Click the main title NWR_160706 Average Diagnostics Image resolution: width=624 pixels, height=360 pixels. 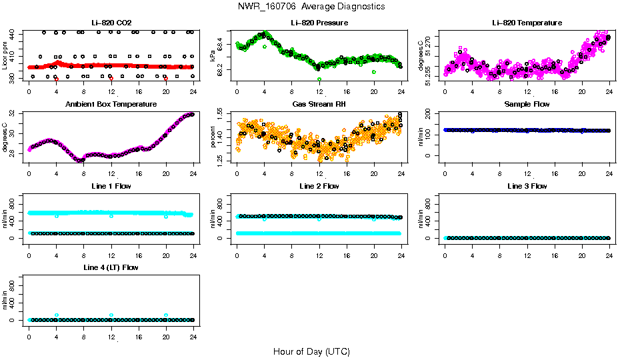311,7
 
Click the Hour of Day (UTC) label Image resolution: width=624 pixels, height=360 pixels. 311,351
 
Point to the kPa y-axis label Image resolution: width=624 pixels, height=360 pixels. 213,57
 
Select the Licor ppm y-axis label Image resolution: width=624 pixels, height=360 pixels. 5,57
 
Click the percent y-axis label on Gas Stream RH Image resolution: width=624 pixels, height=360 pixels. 213,138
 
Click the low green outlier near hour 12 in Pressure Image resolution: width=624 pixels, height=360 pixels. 319,79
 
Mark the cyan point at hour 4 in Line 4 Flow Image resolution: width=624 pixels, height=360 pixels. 57,315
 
